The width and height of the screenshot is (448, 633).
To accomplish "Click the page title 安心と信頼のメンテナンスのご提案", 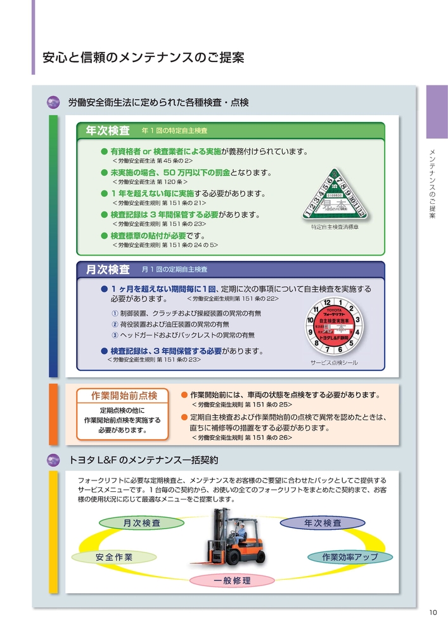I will coord(143,58).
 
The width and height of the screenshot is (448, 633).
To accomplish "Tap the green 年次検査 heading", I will coord(108,130).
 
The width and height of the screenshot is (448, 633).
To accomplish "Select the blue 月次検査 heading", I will coord(108,270).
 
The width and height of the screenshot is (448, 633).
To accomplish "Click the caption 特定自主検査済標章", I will coord(334,227).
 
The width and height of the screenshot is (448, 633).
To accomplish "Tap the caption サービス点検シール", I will coord(334,363).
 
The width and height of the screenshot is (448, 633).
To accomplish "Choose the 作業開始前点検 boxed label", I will coord(124,396).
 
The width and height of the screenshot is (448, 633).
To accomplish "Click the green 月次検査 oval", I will coord(141,523).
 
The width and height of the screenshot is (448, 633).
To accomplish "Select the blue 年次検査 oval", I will coord(323,523).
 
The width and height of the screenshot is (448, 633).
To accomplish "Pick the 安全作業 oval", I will coord(114,557).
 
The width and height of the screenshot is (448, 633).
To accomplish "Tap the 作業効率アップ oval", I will coord(350,557).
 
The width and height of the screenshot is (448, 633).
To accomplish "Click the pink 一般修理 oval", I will coord(232,580).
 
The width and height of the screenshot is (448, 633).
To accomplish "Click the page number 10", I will coord(433,611).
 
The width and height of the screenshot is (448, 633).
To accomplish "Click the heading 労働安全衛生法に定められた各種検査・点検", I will coord(158,102).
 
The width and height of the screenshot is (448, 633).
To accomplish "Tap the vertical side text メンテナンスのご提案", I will coord(432,184).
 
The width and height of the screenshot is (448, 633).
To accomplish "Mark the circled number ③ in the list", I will coord(115,335).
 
